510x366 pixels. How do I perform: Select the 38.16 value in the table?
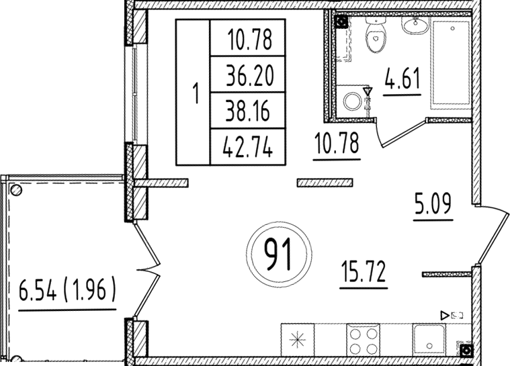click(x=247, y=111)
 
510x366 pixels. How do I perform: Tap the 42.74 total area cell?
click(x=247, y=148)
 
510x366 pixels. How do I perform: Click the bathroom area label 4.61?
click(x=402, y=79)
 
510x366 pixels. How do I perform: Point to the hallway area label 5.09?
click(x=433, y=204)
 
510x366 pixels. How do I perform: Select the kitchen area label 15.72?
click(x=364, y=273)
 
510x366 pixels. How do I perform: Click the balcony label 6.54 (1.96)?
click(x=67, y=291)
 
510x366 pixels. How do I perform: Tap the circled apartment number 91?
click(x=279, y=254)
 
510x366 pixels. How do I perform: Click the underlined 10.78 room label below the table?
click(x=337, y=143)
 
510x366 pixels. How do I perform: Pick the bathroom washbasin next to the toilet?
click(x=415, y=26)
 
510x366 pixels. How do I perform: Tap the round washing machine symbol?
click(x=352, y=101)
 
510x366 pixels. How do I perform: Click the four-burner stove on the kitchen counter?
click(x=363, y=340)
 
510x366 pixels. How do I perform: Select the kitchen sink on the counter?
click(x=429, y=340)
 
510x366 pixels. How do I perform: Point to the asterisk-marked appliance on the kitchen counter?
click(x=298, y=340)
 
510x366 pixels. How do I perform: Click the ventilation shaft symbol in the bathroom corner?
click(x=341, y=22)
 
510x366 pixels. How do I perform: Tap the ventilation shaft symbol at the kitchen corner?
click(x=466, y=351)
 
